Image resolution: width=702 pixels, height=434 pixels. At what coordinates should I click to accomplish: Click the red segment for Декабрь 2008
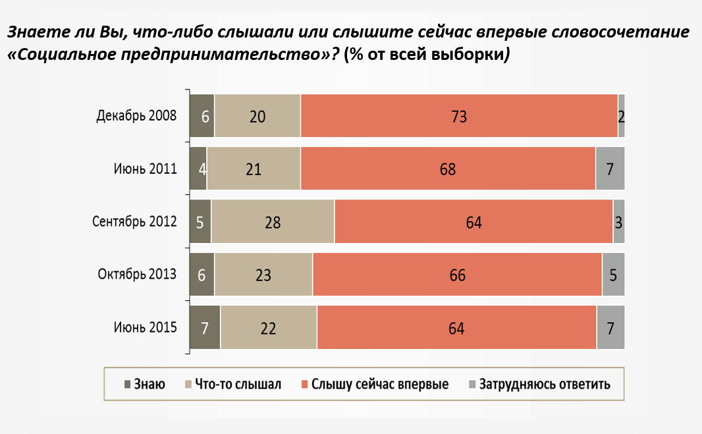[459, 117]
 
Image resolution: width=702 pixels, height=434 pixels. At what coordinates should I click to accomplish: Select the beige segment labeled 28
[273, 222]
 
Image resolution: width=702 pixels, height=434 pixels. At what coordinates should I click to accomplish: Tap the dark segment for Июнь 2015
[205, 327]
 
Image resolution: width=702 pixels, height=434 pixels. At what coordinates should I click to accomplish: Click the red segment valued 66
[457, 275]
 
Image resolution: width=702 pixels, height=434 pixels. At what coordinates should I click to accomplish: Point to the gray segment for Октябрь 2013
[613, 275]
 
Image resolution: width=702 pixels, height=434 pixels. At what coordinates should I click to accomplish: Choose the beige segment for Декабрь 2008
[257, 117]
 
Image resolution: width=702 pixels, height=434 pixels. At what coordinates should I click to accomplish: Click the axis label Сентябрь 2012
[134, 222]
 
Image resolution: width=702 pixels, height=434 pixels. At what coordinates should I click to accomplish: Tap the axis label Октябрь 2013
[137, 275]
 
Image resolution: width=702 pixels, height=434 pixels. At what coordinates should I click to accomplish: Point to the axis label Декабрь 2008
[136, 117]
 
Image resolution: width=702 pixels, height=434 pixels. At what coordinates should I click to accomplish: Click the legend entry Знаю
[144, 384]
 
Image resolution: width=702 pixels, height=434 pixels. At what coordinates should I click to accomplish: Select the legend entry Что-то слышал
[235, 384]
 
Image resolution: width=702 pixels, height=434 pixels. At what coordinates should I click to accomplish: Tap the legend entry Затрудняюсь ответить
[539, 384]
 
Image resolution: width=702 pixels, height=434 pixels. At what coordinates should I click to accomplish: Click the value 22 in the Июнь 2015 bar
[268, 327]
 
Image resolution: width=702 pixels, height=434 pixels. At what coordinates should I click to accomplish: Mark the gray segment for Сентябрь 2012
[618, 222]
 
